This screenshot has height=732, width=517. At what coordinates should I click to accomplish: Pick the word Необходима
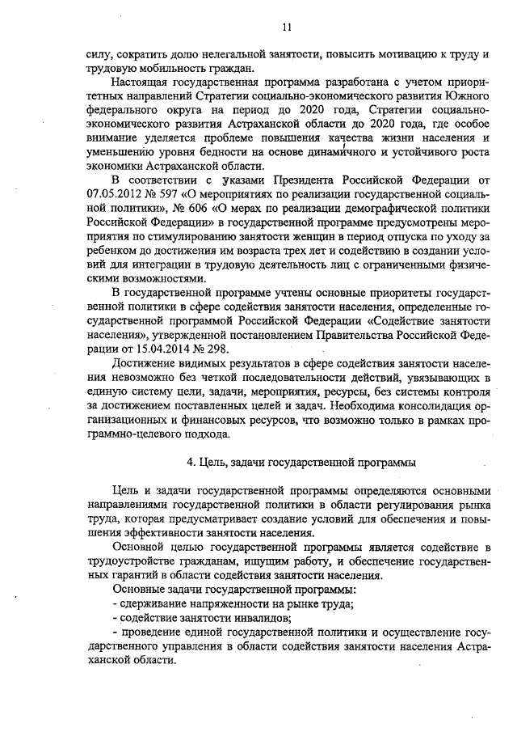(363, 401)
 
